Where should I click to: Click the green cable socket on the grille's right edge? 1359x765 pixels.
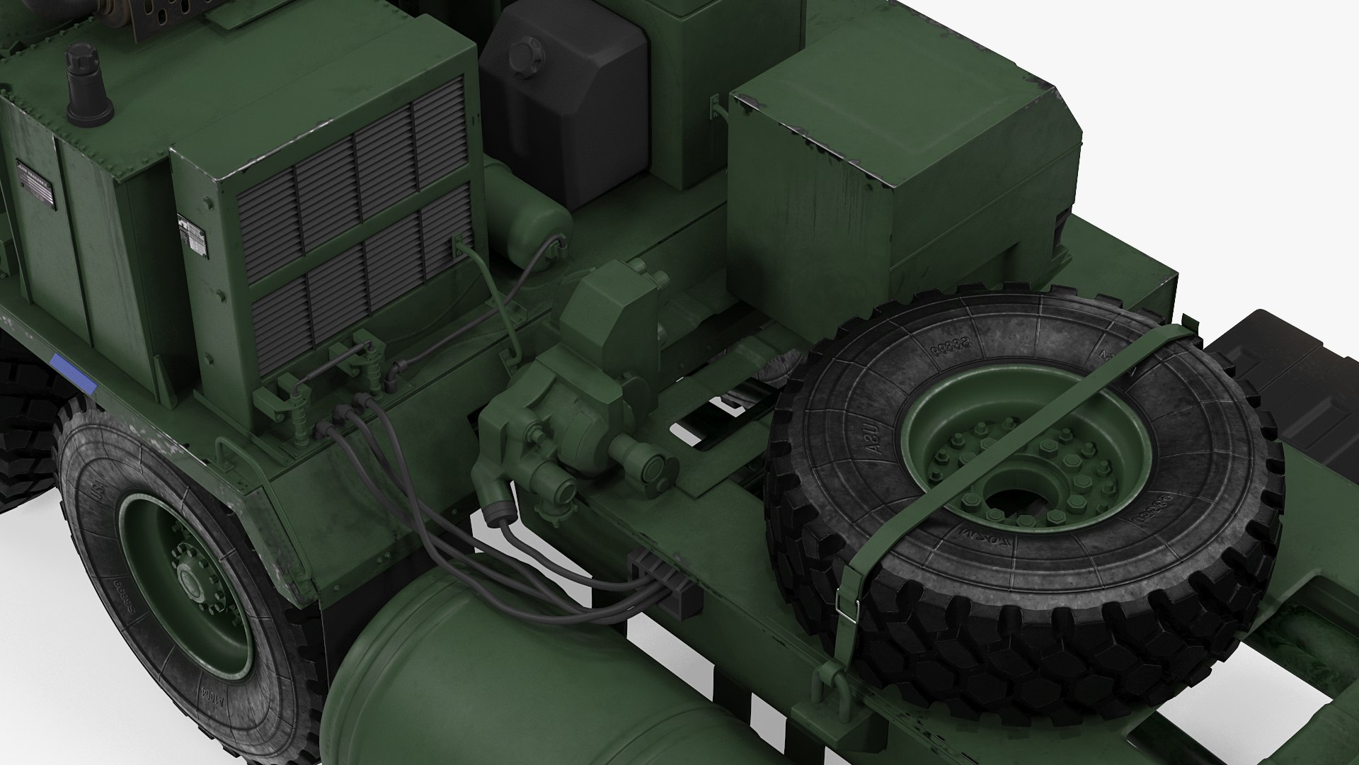[x=459, y=245]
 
